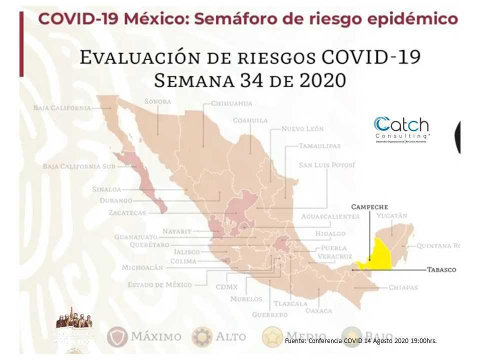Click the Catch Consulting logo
coord(401,129)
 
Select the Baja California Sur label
coord(79,166)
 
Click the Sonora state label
coord(157,101)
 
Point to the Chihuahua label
coord(231,103)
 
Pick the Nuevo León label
coord(302,128)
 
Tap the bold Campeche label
coord(369,206)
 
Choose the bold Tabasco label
coord(441,269)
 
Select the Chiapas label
coord(402,287)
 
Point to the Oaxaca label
coord(318,310)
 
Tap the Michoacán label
coord(142,267)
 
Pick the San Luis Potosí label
coord(326,164)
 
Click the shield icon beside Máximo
coord(117,337)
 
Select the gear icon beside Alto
coord(202,337)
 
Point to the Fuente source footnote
coord(360,341)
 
